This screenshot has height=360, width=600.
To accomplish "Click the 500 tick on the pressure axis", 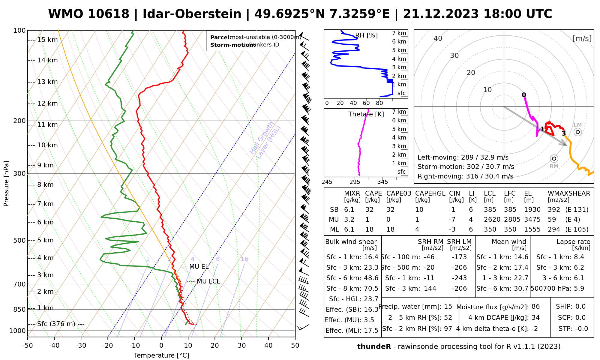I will click(x=19, y=240).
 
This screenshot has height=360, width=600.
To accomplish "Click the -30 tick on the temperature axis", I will click(x=81, y=345).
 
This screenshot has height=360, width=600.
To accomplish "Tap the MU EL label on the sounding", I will click(x=199, y=267).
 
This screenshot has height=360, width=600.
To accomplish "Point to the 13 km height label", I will click(x=47, y=82).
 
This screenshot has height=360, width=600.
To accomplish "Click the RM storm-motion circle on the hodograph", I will click(x=554, y=158).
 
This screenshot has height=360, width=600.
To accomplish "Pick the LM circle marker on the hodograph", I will click(x=577, y=132).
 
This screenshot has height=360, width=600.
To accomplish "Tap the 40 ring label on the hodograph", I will click(x=438, y=38).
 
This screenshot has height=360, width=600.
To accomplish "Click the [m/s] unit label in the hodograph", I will click(x=582, y=38).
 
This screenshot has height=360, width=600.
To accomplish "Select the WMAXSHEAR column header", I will click(x=569, y=193).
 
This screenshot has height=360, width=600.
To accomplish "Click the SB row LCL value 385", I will click(x=490, y=210).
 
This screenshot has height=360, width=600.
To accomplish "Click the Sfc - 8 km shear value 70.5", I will click(x=371, y=289).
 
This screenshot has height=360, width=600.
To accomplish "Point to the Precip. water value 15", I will click(x=448, y=307).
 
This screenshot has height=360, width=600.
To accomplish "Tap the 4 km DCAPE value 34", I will click(x=535, y=318).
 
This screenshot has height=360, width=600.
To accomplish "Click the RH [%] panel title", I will click(x=366, y=35).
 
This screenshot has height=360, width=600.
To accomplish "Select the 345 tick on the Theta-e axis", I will click(x=382, y=182).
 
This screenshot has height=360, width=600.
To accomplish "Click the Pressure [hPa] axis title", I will click(x=6, y=184).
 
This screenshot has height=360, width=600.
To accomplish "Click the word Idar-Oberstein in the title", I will click(x=192, y=14).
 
